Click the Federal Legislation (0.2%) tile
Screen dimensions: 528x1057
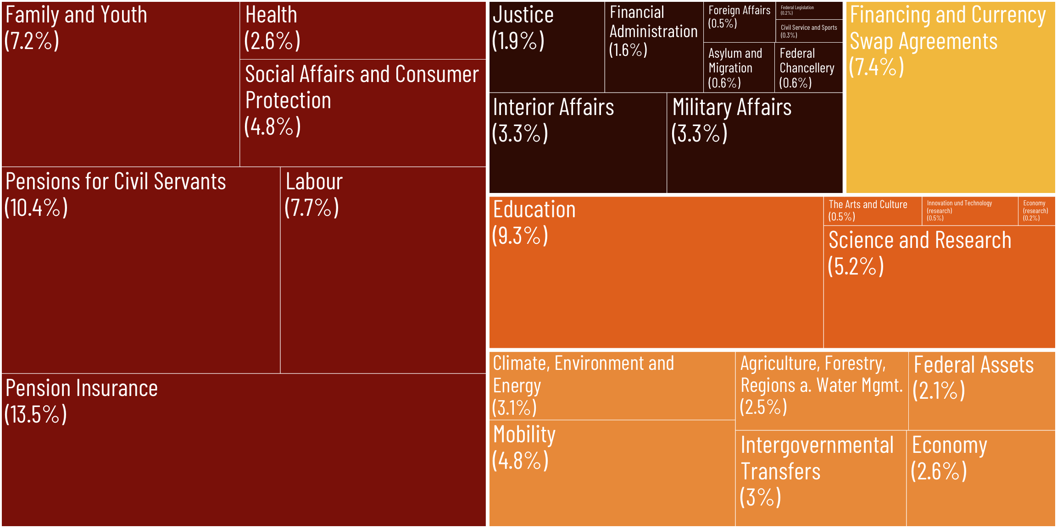809,10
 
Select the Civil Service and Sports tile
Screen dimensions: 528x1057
809,31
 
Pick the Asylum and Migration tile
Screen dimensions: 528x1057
739,67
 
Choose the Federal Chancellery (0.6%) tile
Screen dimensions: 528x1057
808,67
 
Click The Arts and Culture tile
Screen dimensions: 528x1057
872,211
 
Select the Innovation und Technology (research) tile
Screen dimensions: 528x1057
969,211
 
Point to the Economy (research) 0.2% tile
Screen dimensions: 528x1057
1036,211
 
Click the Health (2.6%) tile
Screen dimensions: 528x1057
362,30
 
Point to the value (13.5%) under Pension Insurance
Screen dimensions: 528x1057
36,414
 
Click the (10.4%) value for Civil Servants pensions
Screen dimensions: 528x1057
36,208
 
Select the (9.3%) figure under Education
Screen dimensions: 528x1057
520,236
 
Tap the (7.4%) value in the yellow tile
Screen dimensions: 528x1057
877,67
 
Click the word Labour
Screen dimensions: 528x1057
314,181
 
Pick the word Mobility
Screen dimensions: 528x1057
524,434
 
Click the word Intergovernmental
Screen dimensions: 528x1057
817,445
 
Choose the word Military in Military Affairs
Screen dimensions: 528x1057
701,108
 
